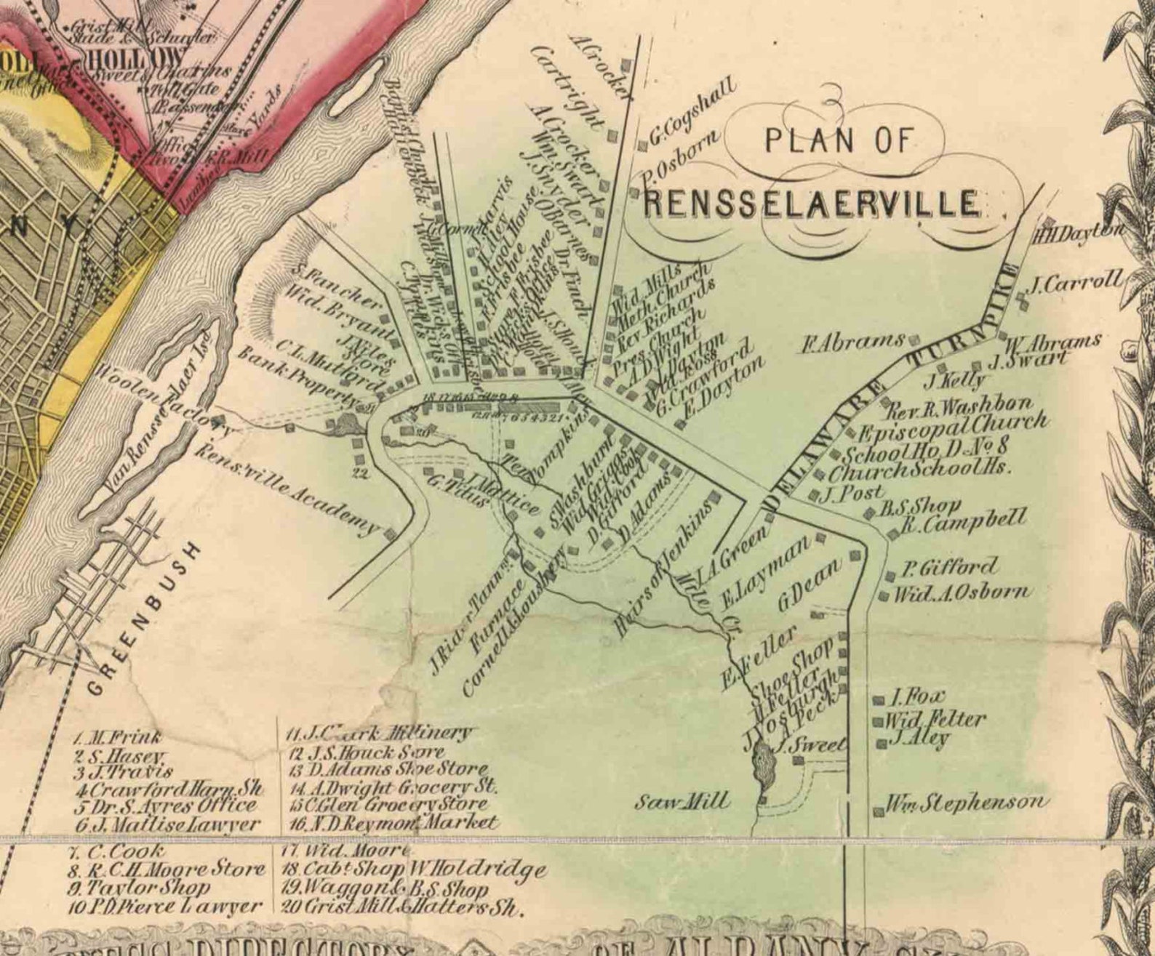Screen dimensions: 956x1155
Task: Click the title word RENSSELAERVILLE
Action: click(812, 203)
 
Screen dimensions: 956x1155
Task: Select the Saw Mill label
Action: click(681, 801)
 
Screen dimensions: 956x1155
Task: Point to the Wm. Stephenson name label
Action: click(967, 803)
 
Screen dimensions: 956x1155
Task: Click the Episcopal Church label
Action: click(953, 427)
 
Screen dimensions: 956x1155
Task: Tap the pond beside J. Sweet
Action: click(764, 765)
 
